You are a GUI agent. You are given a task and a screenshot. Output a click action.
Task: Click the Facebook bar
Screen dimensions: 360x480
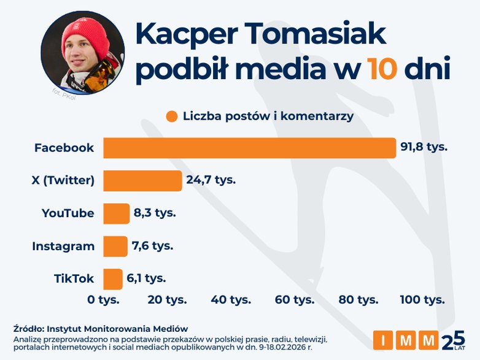[x=249, y=148]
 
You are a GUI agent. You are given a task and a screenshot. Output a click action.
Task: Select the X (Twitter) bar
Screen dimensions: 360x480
[x=142, y=180]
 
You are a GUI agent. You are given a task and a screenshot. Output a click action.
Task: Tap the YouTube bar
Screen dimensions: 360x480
[x=116, y=213]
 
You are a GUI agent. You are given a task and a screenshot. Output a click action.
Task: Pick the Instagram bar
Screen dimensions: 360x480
[x=115, y=246]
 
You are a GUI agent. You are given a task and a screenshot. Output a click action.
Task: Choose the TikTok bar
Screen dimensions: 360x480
[x=113, y=278]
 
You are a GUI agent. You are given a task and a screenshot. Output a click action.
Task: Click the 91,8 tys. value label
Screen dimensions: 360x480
[x=424, y=147]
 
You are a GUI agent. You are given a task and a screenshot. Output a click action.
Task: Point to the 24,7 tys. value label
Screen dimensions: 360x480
[x=211, y=180]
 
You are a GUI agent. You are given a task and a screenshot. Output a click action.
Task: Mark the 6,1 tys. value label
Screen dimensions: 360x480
[x=147, y=278]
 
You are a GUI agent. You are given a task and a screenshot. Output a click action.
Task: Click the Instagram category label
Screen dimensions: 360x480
[x=63, y=247]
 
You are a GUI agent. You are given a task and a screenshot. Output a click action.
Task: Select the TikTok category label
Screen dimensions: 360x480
[x=74, y=279]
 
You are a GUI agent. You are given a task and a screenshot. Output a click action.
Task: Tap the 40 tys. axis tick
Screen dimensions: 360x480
[x=231, y=300]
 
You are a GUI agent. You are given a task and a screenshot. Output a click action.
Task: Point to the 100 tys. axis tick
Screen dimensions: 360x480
[x=422, y=300]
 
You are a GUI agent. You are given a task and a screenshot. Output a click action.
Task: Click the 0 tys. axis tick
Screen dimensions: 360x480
[x=103, y=300]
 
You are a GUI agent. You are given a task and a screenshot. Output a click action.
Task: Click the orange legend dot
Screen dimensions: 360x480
[x=171, y=117]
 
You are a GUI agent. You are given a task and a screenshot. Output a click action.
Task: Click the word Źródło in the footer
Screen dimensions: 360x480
[x=26, y=329]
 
